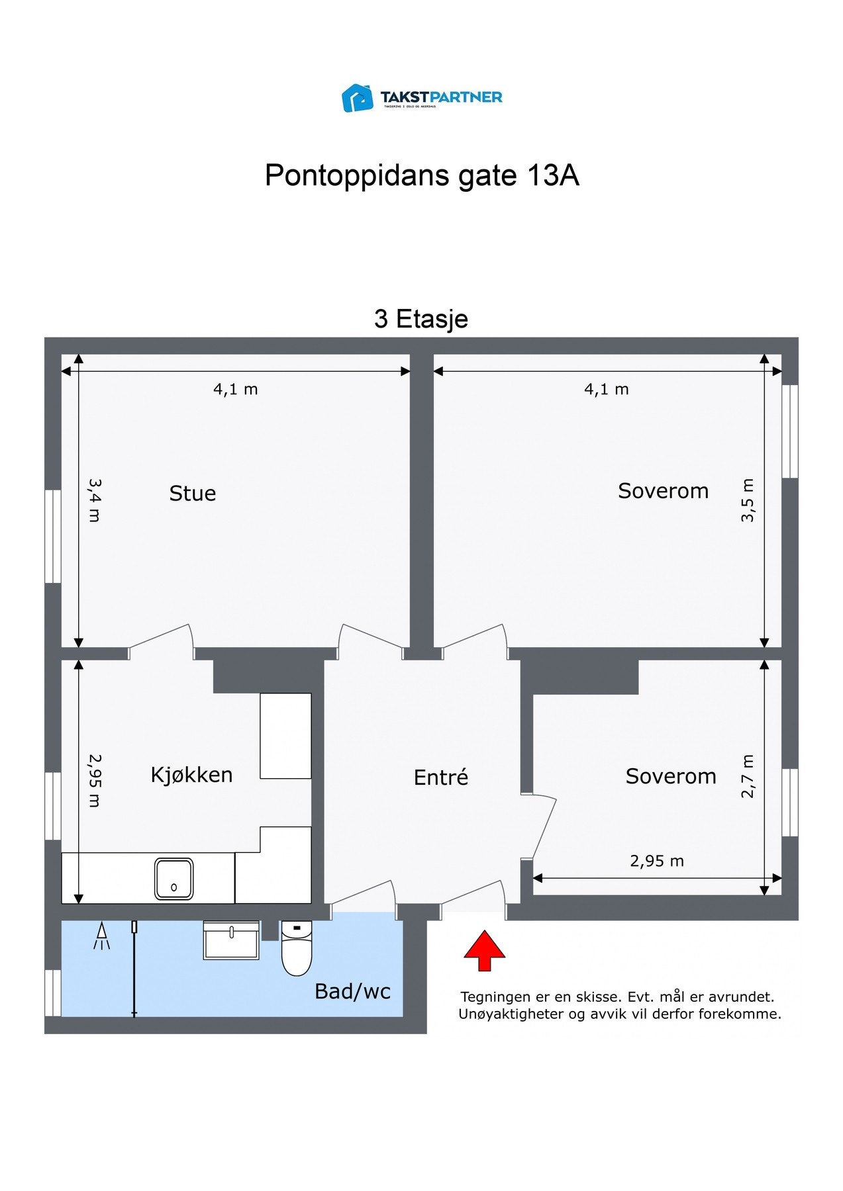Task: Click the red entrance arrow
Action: click(x=484, y=950)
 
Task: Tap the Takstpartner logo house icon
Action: click(x=358, y=98)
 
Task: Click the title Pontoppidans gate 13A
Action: click(x=422, y=175)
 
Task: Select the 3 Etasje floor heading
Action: click(x=421, y=319)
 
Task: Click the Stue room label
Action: click(x=192, y=494)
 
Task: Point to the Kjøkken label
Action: click(x=191, y=775)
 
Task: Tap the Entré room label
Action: click(x=440, y=777)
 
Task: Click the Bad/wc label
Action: click(x=352, y=991)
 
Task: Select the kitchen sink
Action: click(x=174, y=879)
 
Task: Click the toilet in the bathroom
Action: click(x=297, y=949)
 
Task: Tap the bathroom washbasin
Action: click(x=231, y=940)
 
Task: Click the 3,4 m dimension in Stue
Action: click(x=95, y=501)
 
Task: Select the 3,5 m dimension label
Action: click(x=747, y=501)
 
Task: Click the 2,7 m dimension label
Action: click(x=747, y=776)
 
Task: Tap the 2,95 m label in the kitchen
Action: click(x=95, y=781)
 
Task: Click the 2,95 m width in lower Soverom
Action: click(x=656, y=861)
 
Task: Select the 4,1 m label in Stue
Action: click(x=235, y=390)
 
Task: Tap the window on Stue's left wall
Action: click(x=52, y=536)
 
